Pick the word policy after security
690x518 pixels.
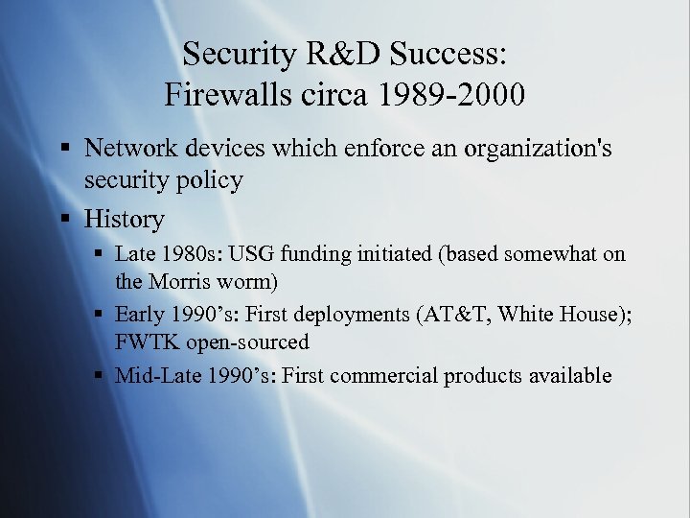(x=208, y=180)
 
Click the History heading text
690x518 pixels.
(x=124, y=220)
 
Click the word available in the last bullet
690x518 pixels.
(x=567, y=376)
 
